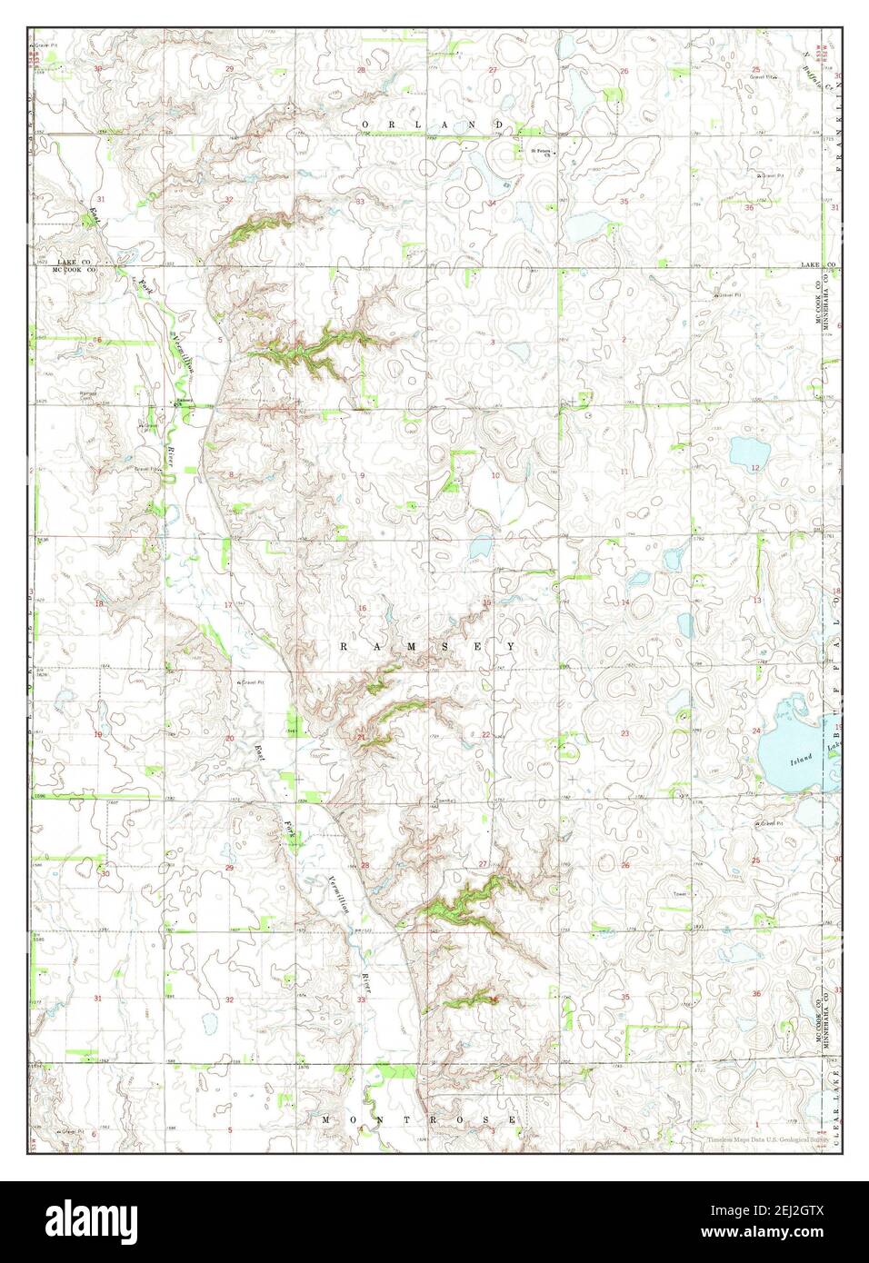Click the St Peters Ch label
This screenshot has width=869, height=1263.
pyautogui.click(x=542, y=151)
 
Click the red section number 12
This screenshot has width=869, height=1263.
pyautogui.click(x=755, y=467)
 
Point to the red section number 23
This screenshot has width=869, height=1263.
pyautogui.click(x=624, y=732)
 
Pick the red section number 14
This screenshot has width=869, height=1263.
pyautogui.click(x=625, y=602)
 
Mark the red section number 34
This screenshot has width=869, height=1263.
pyautogui.click(x=492, y=202)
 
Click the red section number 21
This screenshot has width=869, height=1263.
pyautogui.click(x=362, y=736)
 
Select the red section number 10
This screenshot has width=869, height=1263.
pyautogui.click(x=495, y=475)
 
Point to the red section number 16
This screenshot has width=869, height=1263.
pyautogui.click(x=362, y=608)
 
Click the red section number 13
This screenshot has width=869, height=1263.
pyautogui.click(x=756, y=601)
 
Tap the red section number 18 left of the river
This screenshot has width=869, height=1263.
pyautogui.click(x=98, y=603)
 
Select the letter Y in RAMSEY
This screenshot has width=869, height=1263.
pyautogui.click(x=513, y=646)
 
